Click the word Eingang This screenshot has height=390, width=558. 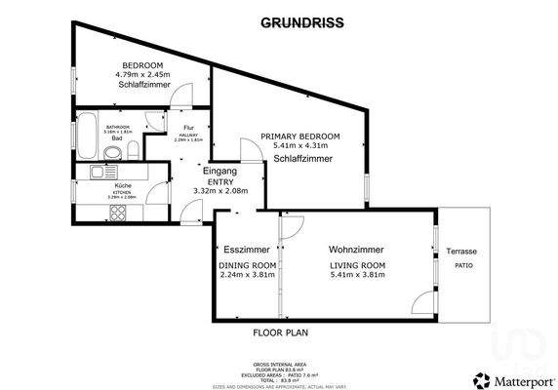(x=219, y=172)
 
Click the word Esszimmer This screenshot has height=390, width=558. (x=247, y=249)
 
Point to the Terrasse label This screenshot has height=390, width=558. (x=462, y=251)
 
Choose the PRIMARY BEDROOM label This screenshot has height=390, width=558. (x=300, y=136)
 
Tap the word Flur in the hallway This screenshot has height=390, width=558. (x=188, y=129)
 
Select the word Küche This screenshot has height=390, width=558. (x=123, y=185)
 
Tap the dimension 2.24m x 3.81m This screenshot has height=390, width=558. (x=248, y=276)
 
